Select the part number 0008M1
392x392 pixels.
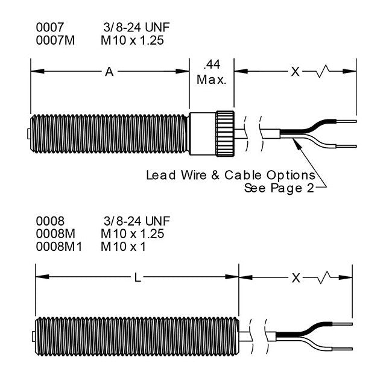click(55, 246)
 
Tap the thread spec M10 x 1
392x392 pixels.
click(124, 246)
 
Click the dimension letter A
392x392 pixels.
click(109, 72)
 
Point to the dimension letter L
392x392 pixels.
click(138, 278)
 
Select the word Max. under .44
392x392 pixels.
click(212, 80)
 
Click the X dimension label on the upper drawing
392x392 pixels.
click(295, 72)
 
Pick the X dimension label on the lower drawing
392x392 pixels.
click(296, 278)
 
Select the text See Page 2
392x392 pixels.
click(279, 188)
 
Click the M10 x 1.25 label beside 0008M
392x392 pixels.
click(132, 234)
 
